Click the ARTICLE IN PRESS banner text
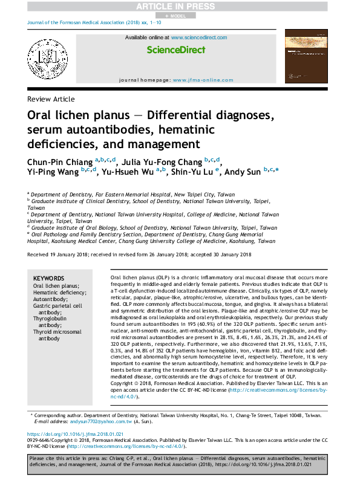(x=179, y=6)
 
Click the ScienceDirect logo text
(x=175, y=50)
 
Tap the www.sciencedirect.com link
(x=199, y=37)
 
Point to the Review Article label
(x=51, y=99)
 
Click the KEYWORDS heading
(x=49, y=277)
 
